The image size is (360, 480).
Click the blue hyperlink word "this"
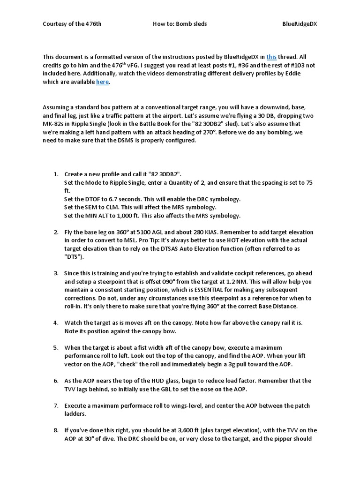coord(271,56)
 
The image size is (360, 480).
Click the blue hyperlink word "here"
coord(102,82)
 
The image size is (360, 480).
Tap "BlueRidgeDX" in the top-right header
coord(300,23)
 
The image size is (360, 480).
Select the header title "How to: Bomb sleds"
coord(180,23)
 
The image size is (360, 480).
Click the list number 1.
coord(55,174)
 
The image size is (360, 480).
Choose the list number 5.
coord(55,347)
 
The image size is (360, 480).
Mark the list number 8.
coord(55,430)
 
